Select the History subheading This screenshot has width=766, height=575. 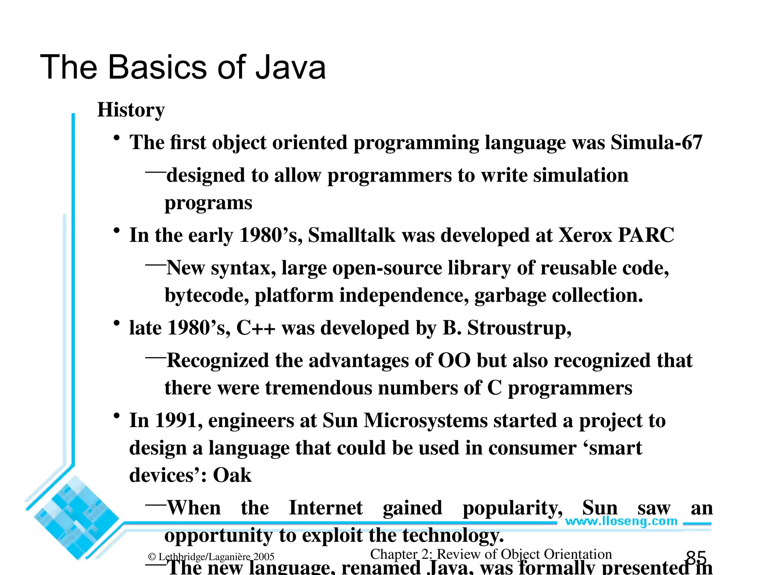[x=131, y=110]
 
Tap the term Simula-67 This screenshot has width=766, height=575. [x=656, y=143]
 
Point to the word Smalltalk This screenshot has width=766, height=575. [x=352, y=235]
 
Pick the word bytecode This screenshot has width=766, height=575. [x=206, y=296]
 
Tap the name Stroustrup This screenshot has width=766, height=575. [x=519, y=328]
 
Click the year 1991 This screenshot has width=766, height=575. [x=179, y=420]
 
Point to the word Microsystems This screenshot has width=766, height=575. [x=426, y=420]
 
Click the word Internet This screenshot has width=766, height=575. [x=326, y=508]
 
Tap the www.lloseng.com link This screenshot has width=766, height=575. [x=621, y=521]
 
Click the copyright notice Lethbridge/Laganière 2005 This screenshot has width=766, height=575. [x=211, y=557]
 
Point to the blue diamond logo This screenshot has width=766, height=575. [x=75, y=518]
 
